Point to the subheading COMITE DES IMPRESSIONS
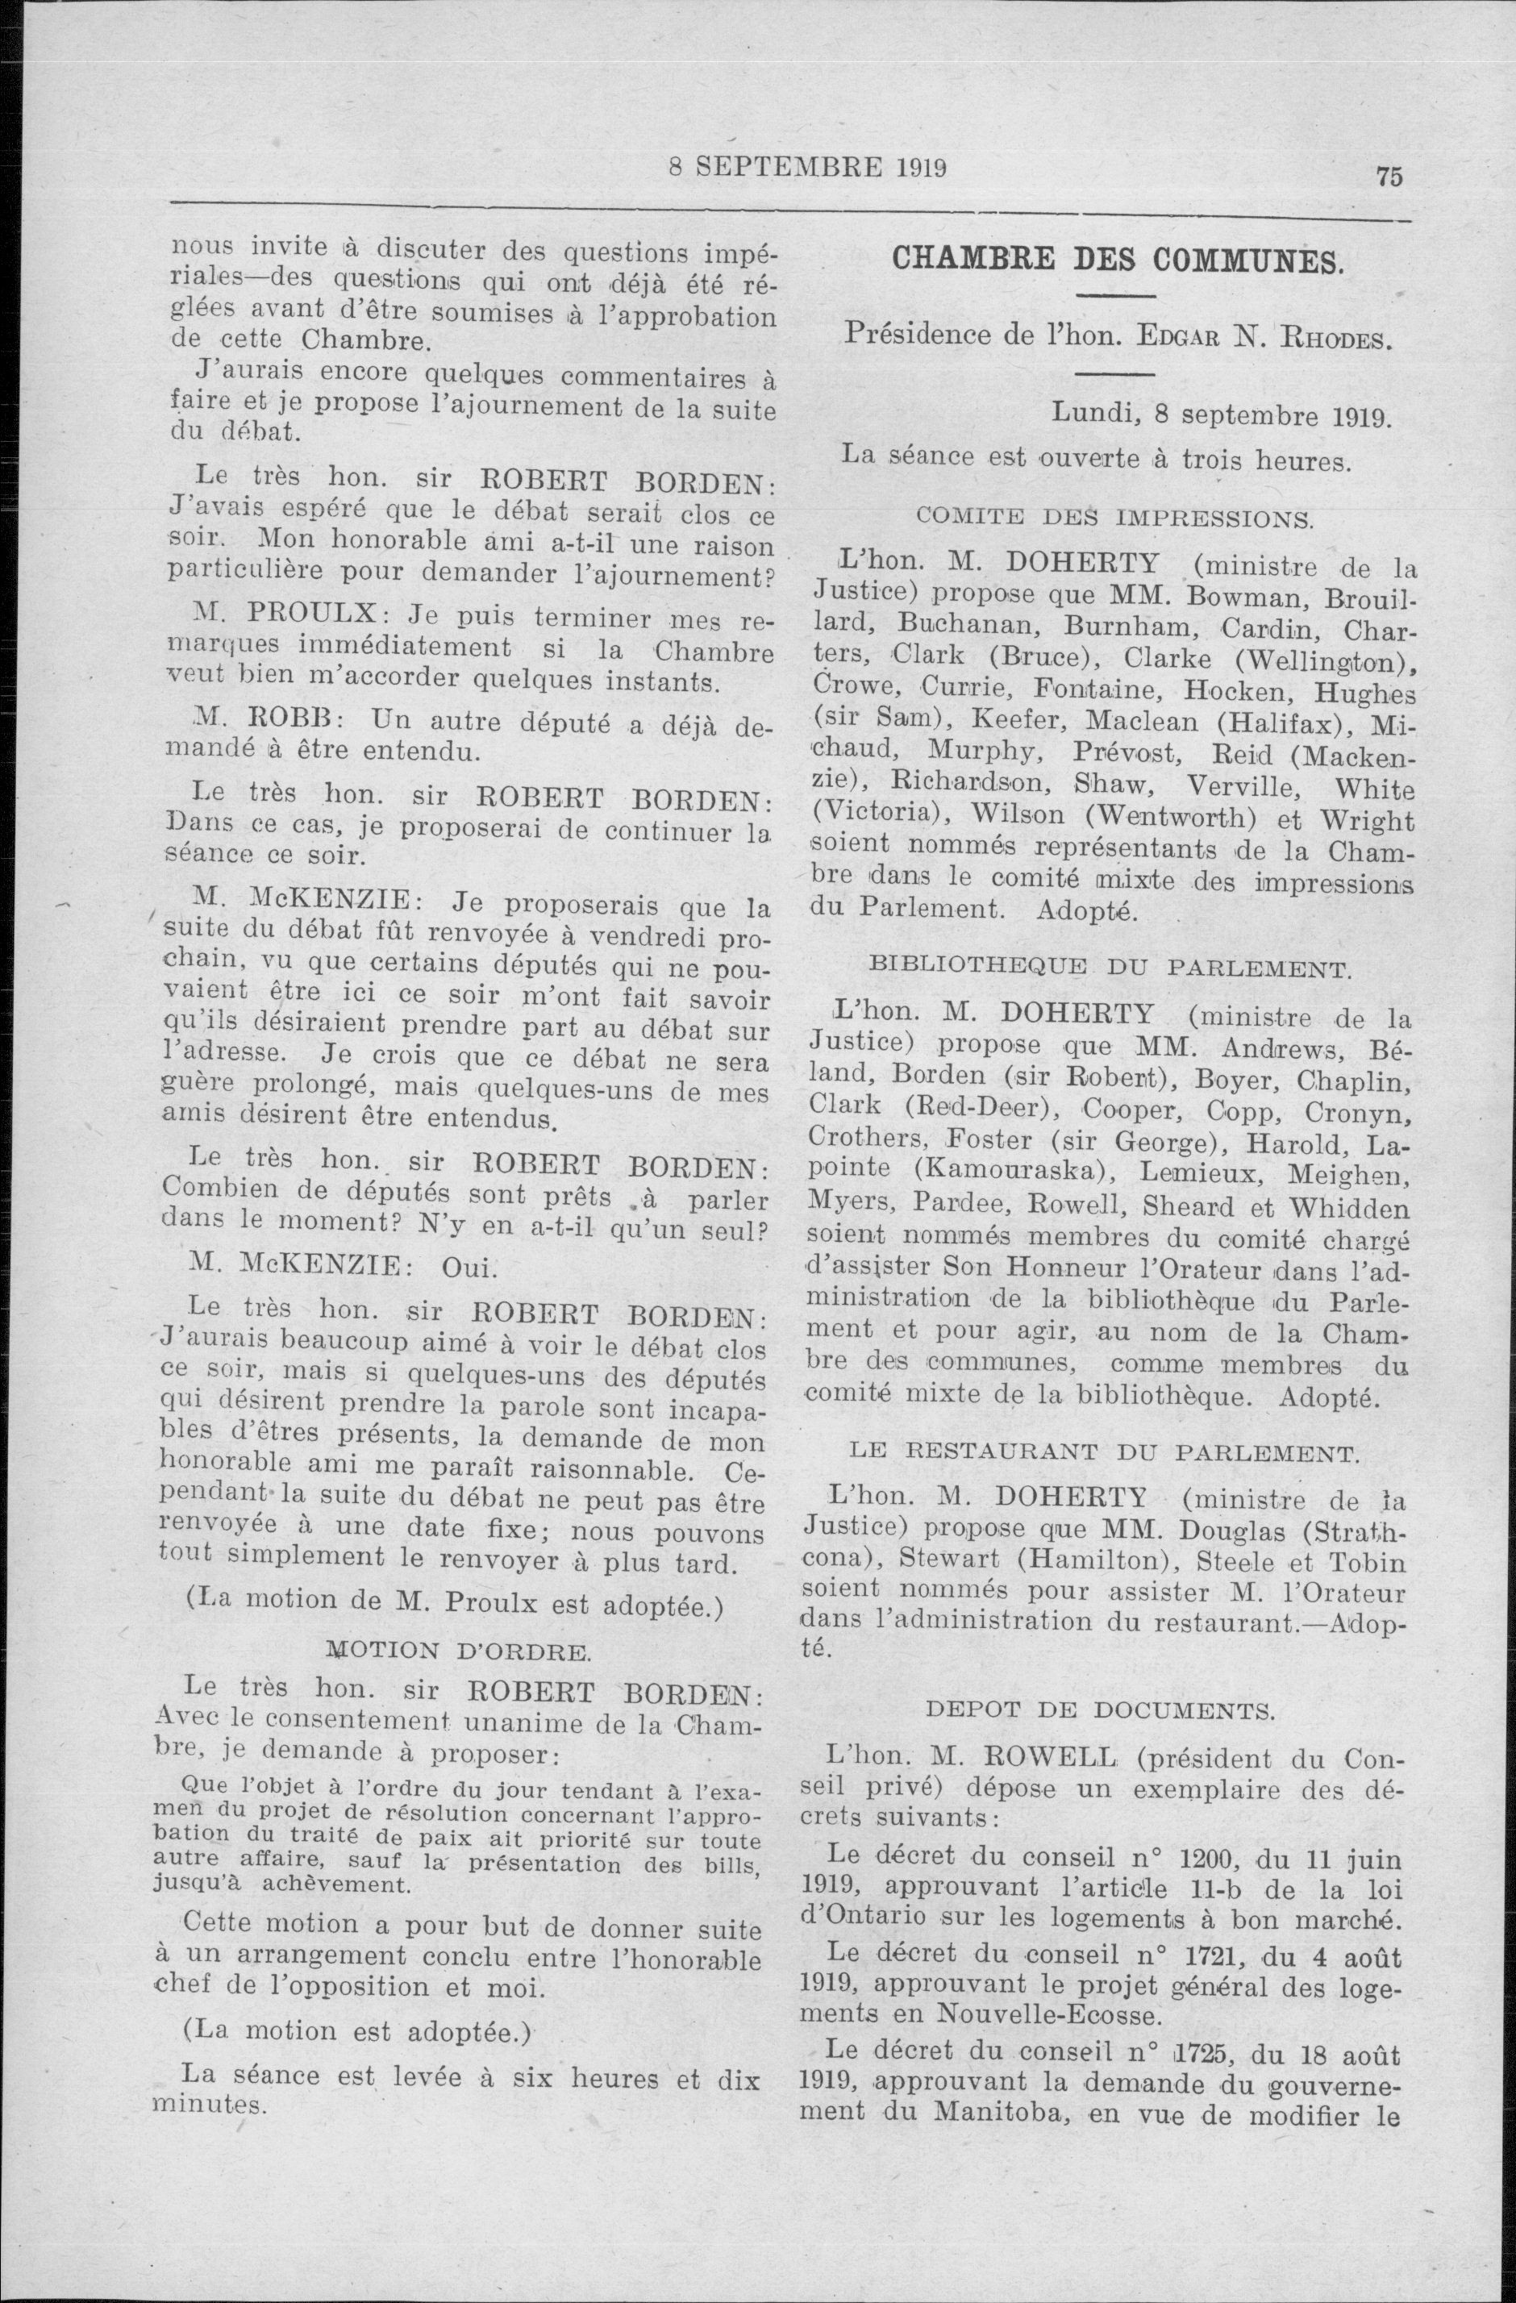(x=1114, y=517)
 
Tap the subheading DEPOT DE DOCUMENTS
(x=1100, y=1710)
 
